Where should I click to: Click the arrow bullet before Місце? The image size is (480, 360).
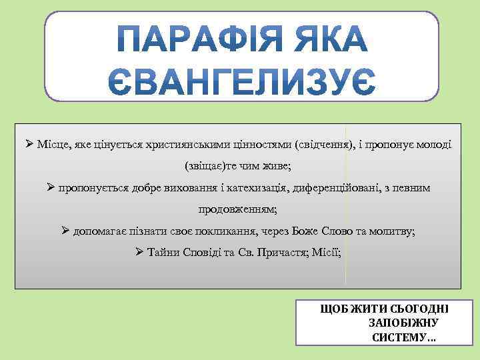(x=29, y=144)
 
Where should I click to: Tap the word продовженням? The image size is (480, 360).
(x=237, y=209)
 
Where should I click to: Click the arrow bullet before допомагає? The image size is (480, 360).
(x=65, y=231)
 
